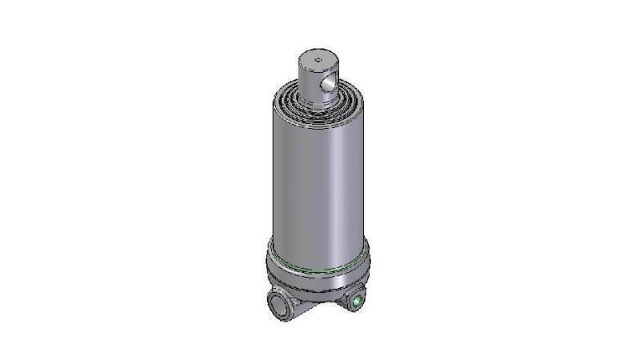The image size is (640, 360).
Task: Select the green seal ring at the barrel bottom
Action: pyautogui.click(x=318, y=267)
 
